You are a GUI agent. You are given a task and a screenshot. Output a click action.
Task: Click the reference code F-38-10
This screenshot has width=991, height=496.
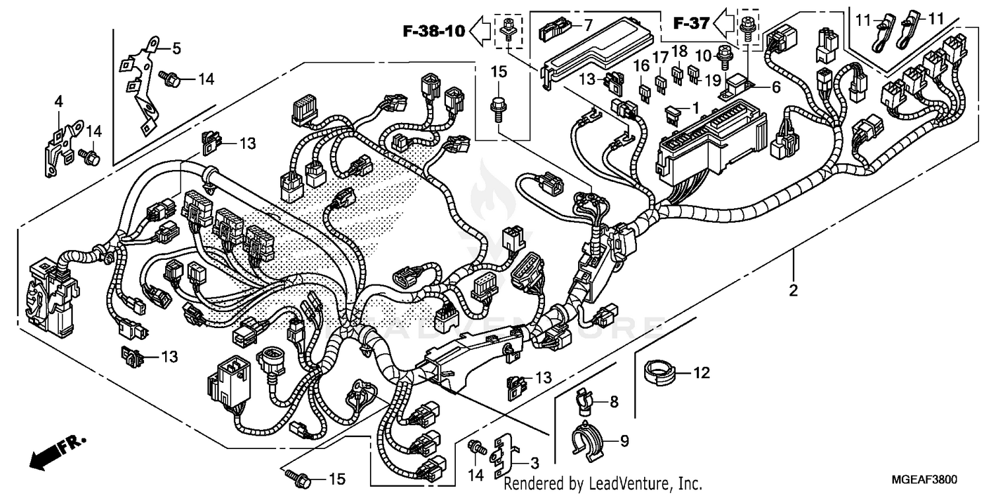[435, 29]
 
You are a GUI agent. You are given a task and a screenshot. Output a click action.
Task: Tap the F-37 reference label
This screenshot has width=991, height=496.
[691, 24]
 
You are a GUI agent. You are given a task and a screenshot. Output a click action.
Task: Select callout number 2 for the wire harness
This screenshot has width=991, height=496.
[793, 290]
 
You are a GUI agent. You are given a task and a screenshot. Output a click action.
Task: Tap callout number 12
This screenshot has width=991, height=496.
[701, 373]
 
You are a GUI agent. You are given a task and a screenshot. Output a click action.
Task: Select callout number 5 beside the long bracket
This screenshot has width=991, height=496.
[176, 48]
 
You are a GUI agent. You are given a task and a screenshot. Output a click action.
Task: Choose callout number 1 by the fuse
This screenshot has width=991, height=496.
[694, 106]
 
